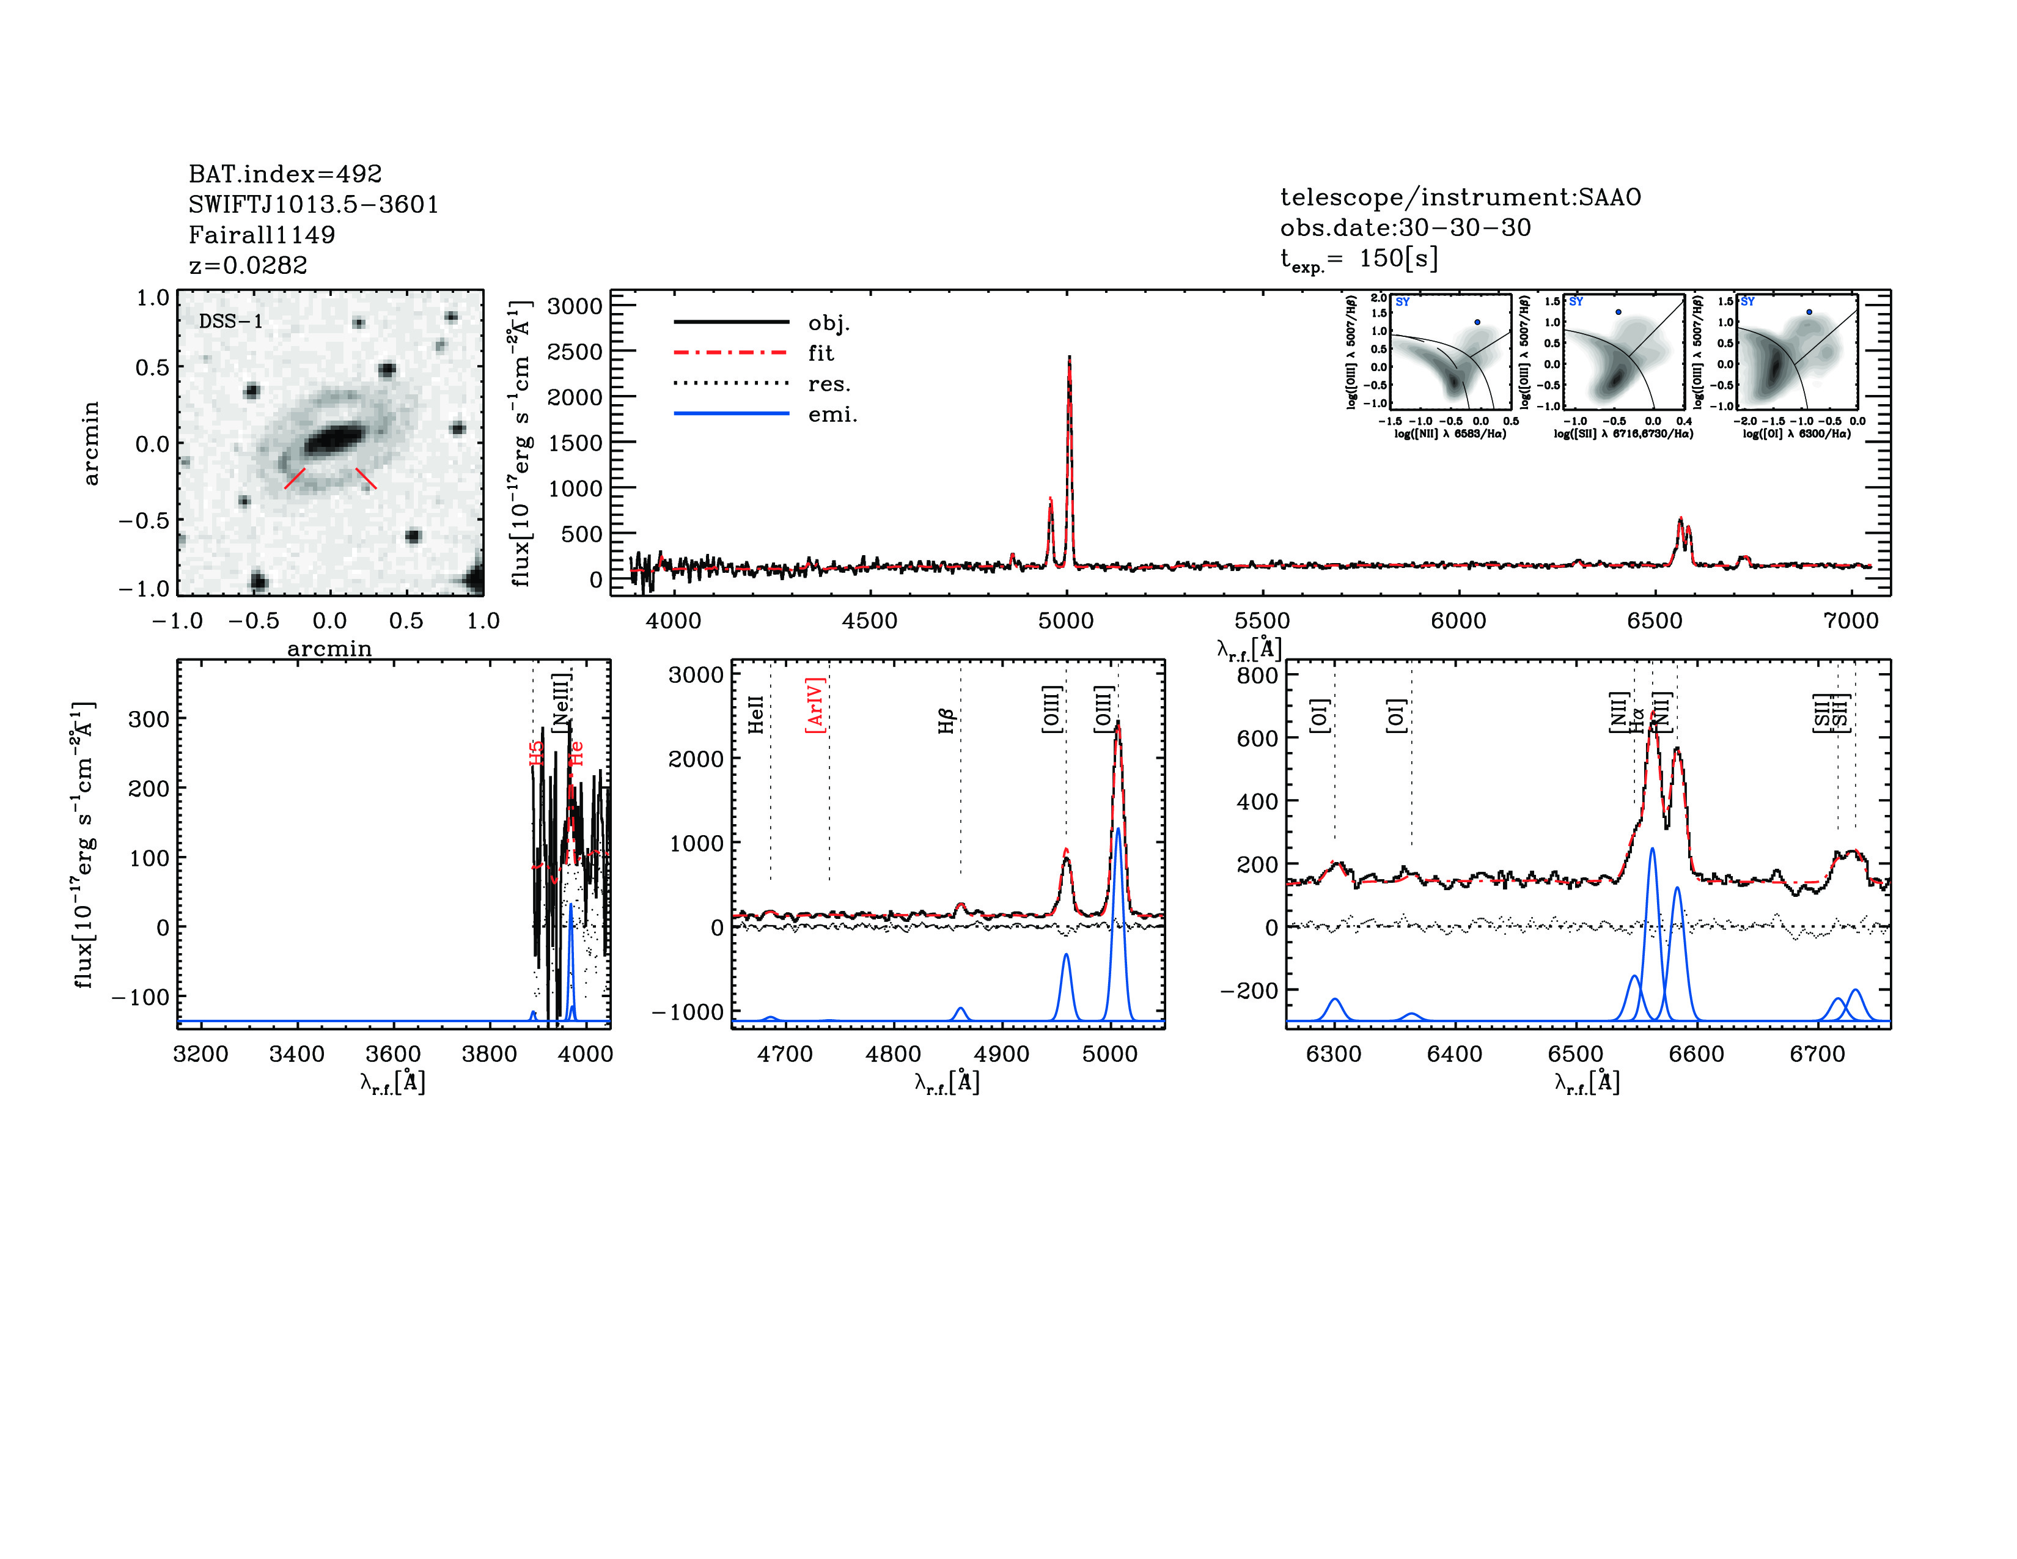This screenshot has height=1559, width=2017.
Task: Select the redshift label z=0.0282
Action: pos(248,265)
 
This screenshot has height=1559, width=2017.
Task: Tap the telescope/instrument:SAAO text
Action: pos(1459,197)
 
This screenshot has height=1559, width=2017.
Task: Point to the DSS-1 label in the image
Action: pos(231,322)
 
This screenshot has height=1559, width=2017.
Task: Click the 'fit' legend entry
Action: pos(820,353)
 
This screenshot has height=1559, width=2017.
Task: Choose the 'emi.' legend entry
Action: pos(832,415)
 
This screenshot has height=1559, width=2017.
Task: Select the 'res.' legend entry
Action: pos(828,384)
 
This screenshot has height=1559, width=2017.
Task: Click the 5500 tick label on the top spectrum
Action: pos(1263,621)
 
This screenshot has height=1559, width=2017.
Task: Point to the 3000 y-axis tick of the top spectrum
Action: pos(575,307)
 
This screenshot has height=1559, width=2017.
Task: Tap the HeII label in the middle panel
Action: pos(755,715)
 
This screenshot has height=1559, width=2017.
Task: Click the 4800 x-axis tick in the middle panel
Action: pos(893,1054)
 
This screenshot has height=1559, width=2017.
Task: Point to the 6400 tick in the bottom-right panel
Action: pos(1455,1054)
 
